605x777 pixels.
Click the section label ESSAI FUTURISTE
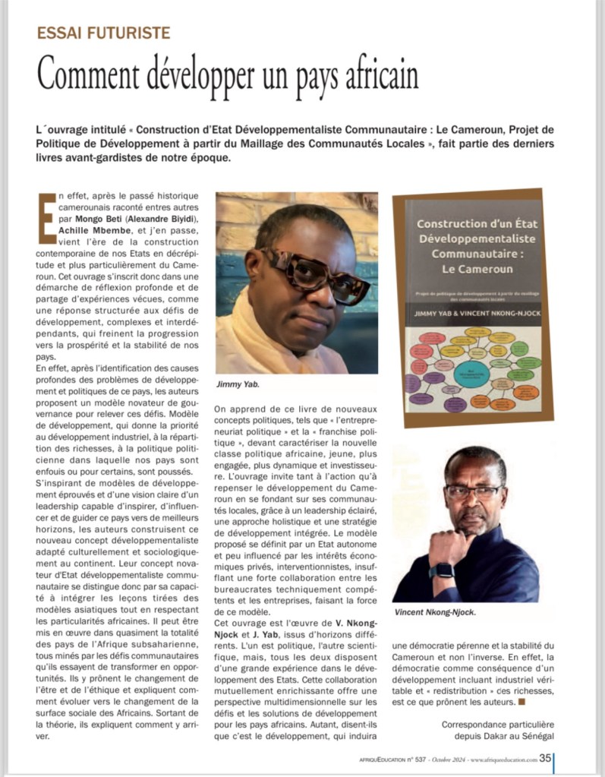tap(105, 33)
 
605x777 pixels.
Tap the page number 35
tap(545, 757)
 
